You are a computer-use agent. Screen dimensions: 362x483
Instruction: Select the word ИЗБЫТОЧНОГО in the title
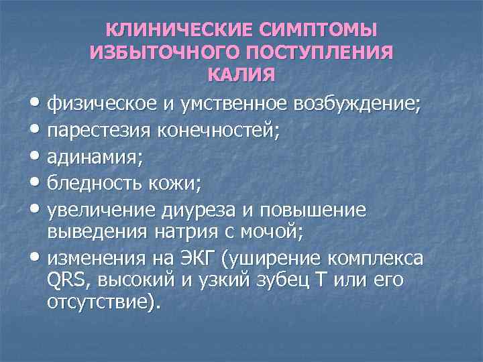click(x=158, y=53)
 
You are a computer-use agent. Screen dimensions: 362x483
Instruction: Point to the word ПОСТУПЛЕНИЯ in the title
click(x=314, y=53)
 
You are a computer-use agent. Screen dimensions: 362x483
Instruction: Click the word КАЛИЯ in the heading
click(x=241, y=75)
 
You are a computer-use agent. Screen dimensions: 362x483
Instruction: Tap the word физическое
click(x=101, y=104)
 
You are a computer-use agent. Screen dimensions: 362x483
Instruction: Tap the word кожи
click(x=176, y=184)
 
